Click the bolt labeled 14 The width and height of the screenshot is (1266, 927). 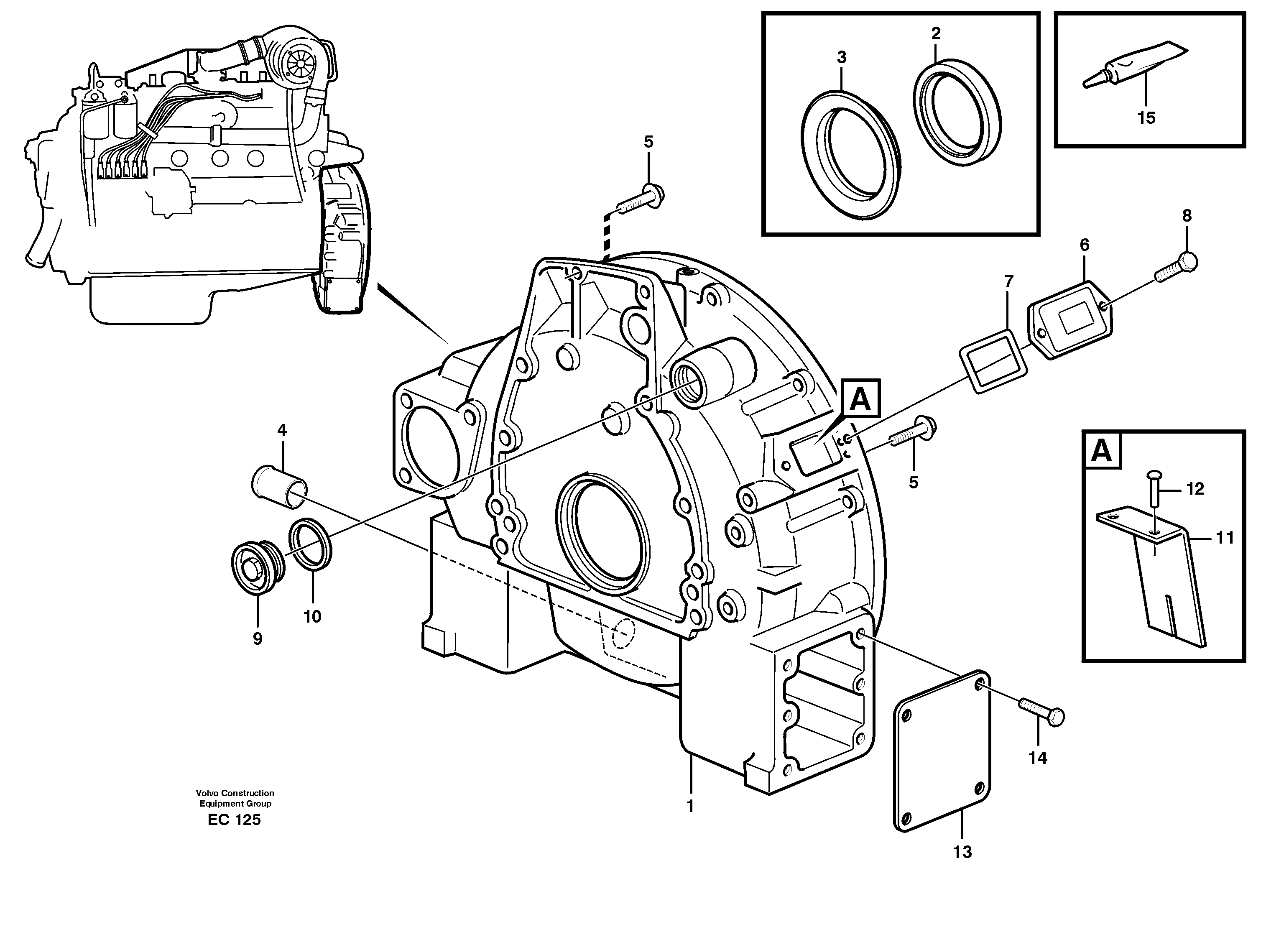(1041, 711)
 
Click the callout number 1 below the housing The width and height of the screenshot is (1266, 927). (690, 806)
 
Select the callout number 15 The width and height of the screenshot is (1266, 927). (1146, 118)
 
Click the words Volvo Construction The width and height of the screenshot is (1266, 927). (235, 793)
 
